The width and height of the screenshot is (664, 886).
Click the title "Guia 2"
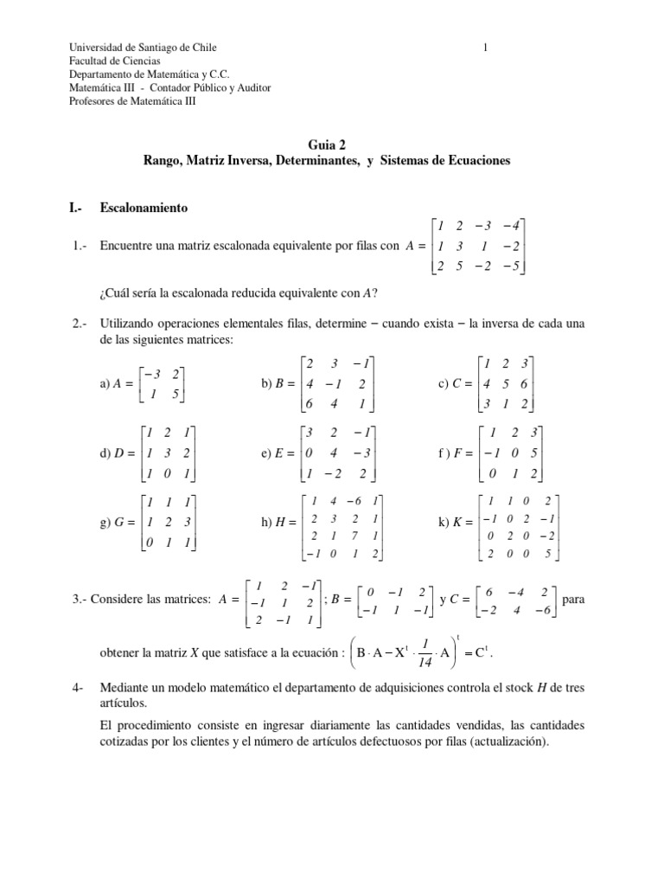(331, 146)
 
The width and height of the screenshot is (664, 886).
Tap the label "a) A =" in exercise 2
(118, 383)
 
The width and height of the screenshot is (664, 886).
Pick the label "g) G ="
(118, 523)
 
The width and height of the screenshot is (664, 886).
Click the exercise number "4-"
(77, 689)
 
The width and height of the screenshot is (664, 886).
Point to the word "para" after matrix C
(574, 598)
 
